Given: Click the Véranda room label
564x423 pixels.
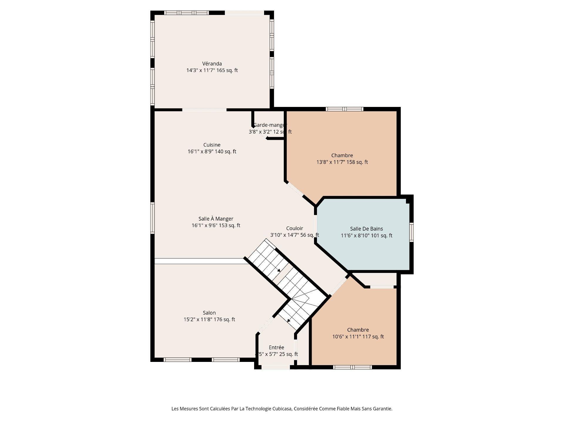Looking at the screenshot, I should pyautogui.click(x=212, y=64).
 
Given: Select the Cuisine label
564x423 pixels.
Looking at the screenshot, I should pyautogui.click(x=212, y=145).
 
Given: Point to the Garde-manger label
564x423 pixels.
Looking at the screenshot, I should pyautogui.click(x=270, y=125).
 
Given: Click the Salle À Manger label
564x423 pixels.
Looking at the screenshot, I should pyautogui.click(x=216, y=219).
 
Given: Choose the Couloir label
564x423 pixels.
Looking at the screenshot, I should pyautogui.click(x=295, y=229).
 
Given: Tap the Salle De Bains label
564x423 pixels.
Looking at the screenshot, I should pyautogui.click(x=366, y=229).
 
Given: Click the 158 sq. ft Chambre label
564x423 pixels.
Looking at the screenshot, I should pyautogui.click(x=342, y=155).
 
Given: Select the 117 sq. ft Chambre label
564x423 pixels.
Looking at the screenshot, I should pyautogui.click(x=358, y=330).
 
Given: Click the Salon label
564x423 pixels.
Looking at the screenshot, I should pyautogui.click(x=209, y=313).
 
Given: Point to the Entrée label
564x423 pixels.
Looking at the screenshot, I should pyautogui.click(x=276, y=348).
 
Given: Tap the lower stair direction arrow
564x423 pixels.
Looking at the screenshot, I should pyautogui.click(x=289, y=320).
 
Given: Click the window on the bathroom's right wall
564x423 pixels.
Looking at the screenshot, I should pyautogui.click(x=412, y=232).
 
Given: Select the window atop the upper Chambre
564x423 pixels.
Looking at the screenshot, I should pyautogui.click(x=345, y=109).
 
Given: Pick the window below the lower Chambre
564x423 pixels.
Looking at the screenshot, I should pyautogui.click(x=352, y=367).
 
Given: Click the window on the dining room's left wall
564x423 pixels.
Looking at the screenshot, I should pyautogui.click(x=152, y=218).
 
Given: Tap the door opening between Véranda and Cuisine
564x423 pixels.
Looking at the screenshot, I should pyautogui.click(x=204, y=110).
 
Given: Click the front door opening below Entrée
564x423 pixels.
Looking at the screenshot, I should pyautogui.click(x=276, y=367).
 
